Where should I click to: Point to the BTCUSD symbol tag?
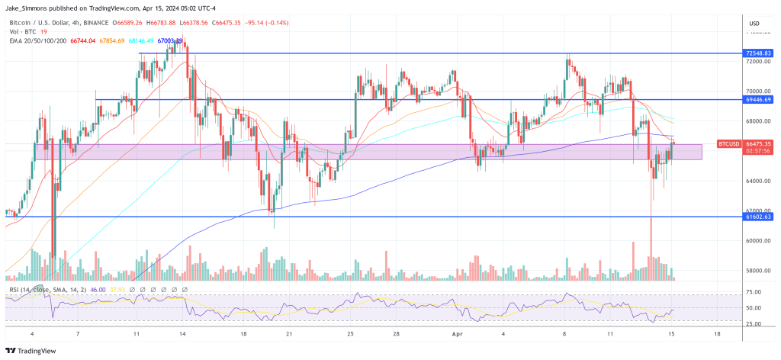click(728, 143)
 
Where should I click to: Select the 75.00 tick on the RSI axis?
click(755, 292)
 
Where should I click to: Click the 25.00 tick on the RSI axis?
click(755, 324)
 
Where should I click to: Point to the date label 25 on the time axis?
click(350, 334)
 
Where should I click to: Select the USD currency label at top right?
click(755, 22)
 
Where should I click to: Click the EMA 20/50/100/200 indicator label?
click(33, 40)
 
